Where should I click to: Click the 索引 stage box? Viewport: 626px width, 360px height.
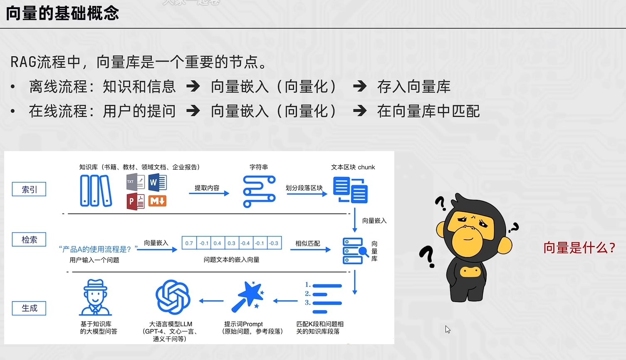(29, 189)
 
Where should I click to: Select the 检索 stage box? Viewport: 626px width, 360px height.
(29, 240)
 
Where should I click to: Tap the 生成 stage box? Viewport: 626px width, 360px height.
(29, 308)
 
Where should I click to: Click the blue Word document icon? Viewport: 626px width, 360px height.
(157, 182)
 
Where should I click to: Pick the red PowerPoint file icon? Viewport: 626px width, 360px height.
(135, 202)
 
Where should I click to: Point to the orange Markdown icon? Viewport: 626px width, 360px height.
(157, 201)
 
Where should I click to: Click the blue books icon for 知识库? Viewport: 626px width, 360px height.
(96, 191)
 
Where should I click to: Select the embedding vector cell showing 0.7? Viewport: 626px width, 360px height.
(189, 243)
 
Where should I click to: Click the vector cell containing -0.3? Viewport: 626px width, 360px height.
(274, 243)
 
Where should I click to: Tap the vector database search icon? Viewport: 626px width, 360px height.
(355, 251)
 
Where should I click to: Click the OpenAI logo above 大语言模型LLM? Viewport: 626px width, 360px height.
(173, 297)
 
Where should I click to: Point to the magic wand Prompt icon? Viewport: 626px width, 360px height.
(248, 297)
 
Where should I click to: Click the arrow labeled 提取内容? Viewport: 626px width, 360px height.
(209, 193)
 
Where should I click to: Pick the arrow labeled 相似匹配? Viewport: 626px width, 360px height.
(310, 249)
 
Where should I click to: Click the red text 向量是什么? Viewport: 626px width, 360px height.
(579, 248)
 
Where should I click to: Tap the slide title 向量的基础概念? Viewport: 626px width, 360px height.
(62, 13)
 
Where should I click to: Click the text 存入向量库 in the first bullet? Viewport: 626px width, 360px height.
(413, 87)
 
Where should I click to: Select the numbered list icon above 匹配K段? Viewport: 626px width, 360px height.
(324, 298)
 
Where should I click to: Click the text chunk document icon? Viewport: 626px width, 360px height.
(350, 190)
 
